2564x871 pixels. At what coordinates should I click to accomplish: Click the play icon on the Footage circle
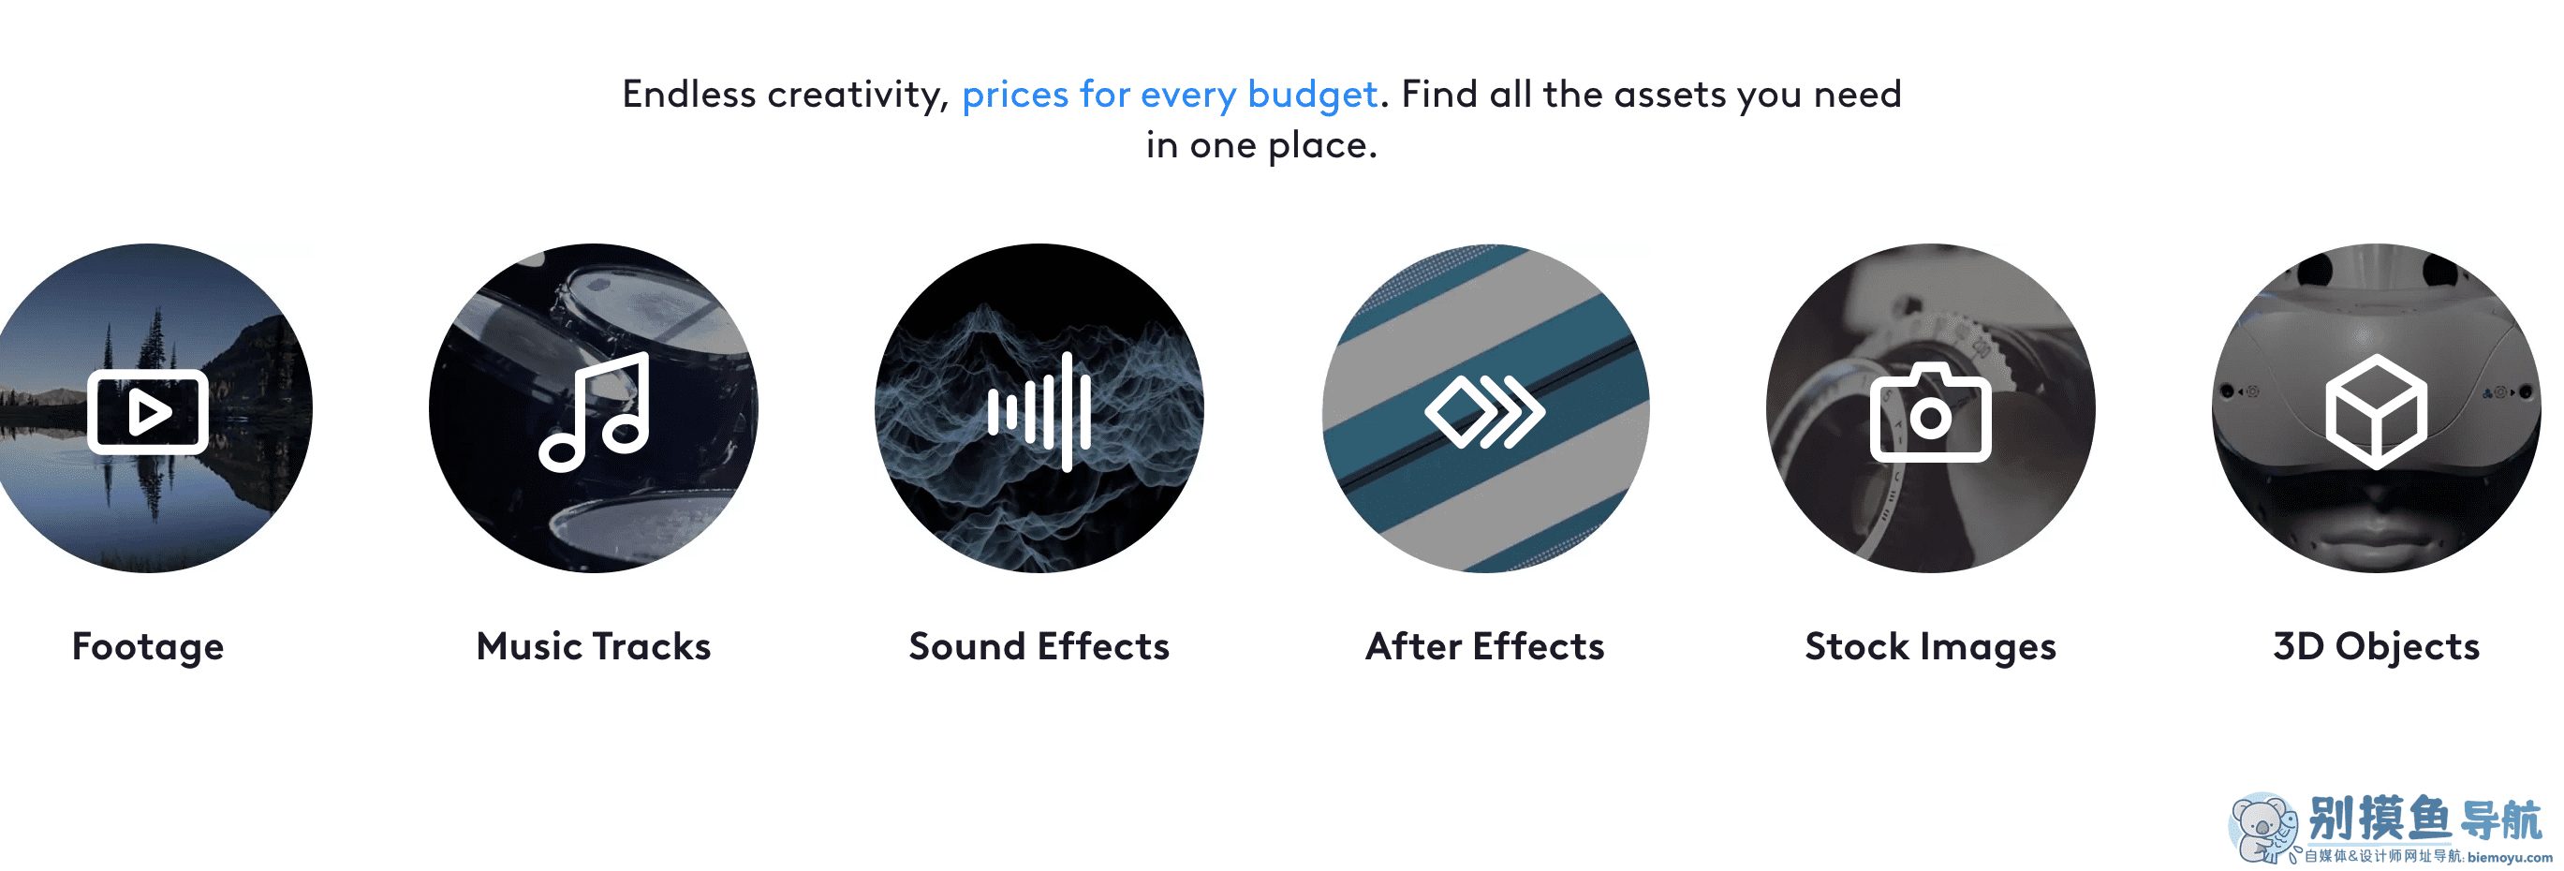pos(147,411)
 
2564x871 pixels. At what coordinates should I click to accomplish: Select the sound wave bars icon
pos(1039,411)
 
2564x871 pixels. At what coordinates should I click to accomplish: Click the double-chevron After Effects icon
pos(1484,411)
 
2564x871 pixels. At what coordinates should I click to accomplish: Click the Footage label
pos(147,647)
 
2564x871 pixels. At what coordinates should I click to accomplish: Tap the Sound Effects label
pos(1039,646)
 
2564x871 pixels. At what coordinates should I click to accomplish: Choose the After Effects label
pos(1484,646)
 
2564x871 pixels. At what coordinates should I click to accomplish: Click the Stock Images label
pos(1930,647)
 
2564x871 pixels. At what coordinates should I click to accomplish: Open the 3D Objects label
pos(2376,647)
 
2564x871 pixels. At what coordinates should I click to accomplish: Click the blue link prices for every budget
pos(1170,95)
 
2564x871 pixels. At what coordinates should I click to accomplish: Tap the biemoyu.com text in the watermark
pos(2510,857)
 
